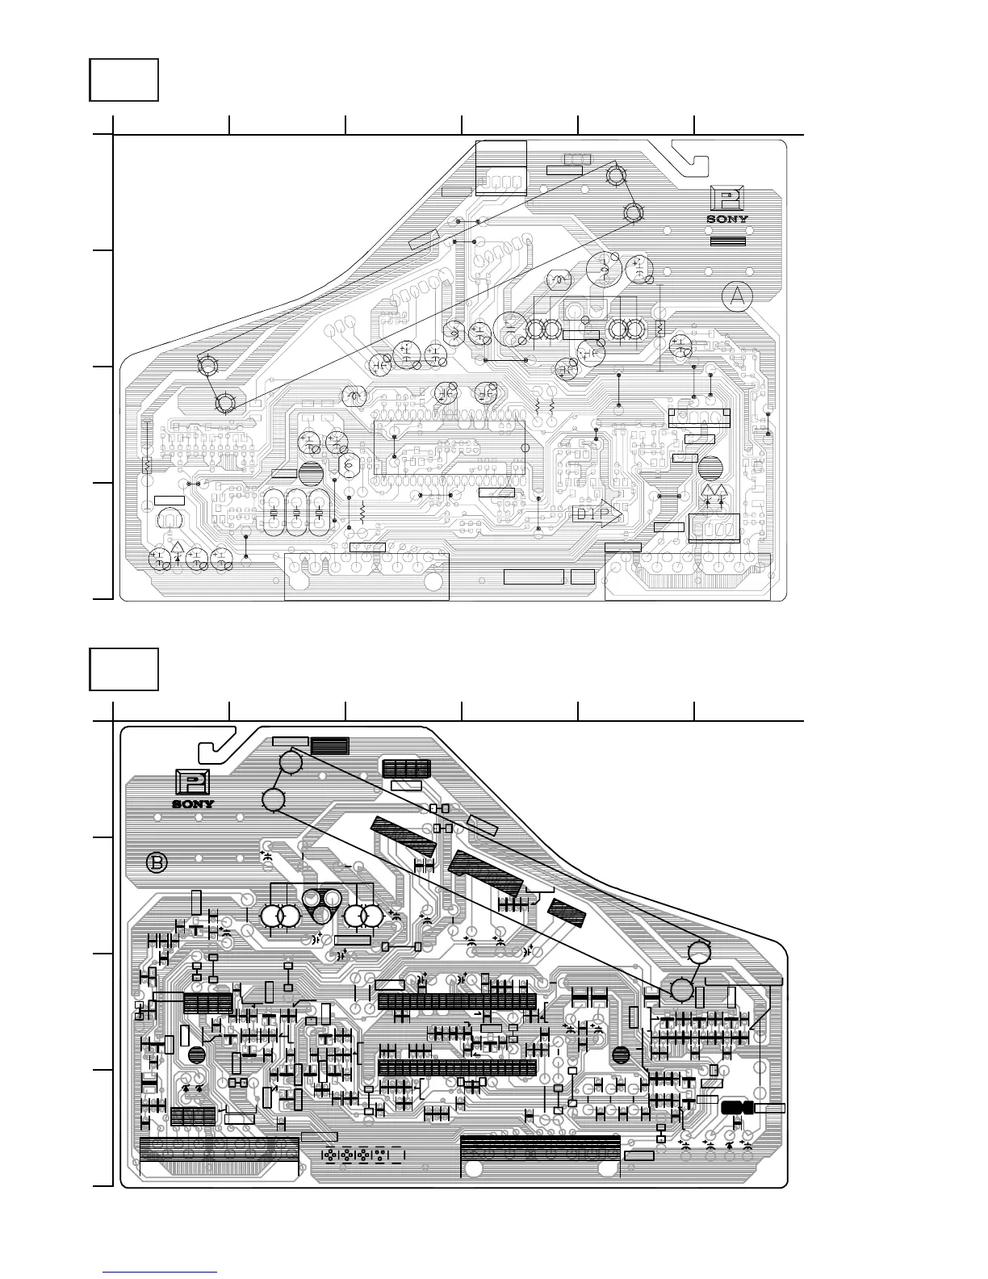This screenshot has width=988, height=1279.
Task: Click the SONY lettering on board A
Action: click(727, 218)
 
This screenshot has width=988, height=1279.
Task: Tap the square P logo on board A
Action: click(727, 199)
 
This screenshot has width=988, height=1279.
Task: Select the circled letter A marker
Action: click(737, 297)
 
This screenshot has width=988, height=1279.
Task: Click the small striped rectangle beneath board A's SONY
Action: click(727, 241)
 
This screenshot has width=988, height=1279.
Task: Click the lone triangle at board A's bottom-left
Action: click(177, 553)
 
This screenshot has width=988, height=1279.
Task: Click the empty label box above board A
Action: click(123, 79)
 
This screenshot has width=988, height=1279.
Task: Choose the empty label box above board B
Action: click(123, 669)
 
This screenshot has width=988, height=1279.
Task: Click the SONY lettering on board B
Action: click(193, 803)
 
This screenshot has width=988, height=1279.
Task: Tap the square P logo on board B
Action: click(193, 784)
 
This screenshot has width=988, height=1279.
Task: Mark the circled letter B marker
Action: click(157, 863)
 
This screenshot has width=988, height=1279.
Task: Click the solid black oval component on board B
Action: click(735, 1109)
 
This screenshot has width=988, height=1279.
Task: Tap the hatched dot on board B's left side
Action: click(196, 1054)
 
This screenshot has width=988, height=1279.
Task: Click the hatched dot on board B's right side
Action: click(621, 1054)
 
